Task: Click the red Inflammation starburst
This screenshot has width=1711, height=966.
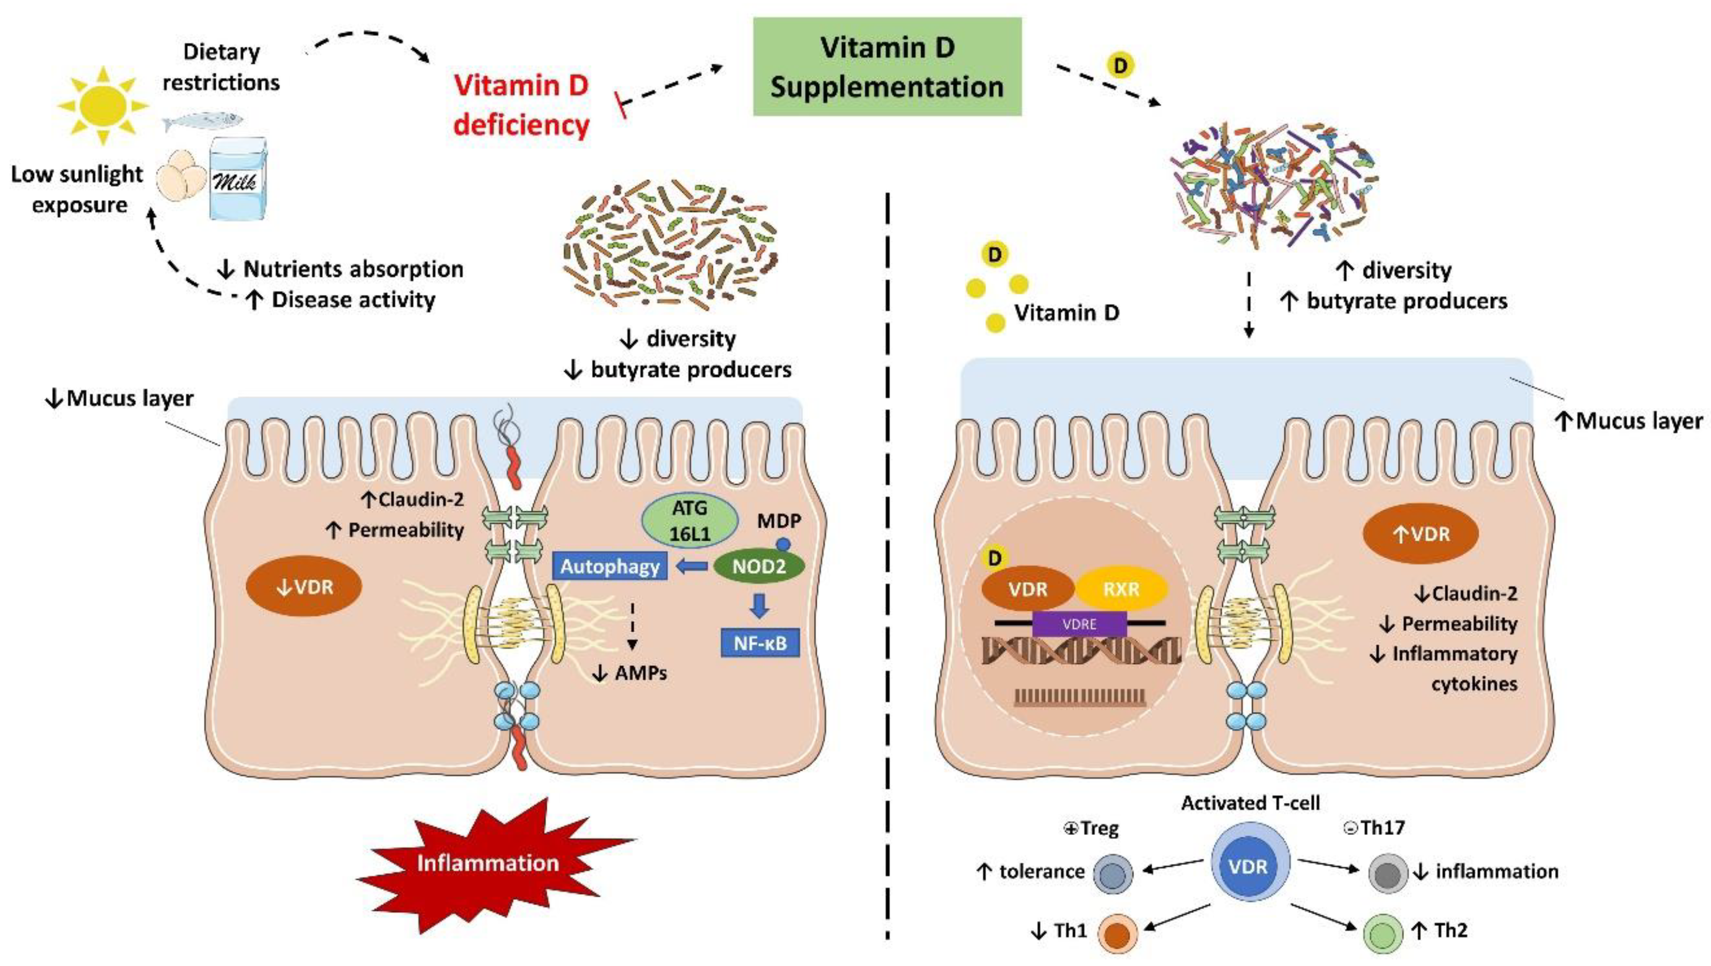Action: click(x=489, y=864)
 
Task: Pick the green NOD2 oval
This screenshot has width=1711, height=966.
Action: click(x=759, y=566)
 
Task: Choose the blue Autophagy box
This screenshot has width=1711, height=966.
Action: click(x=610, y=566)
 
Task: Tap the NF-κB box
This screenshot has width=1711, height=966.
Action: click(x=760, y=643)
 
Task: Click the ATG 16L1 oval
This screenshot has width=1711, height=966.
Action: click(x=690, y=520)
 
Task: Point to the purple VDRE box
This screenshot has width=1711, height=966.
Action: click(x=1079, y=624)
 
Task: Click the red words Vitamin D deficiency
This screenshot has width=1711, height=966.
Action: click(x=521, y=105)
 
